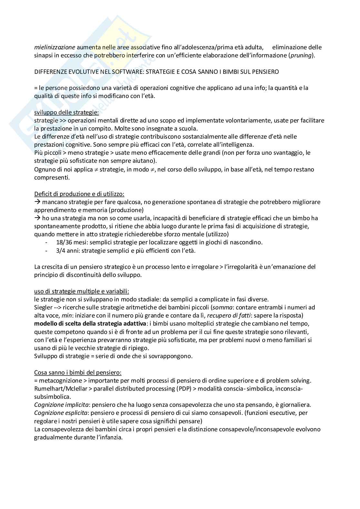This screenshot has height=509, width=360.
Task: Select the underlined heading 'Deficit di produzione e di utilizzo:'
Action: tap(79, 194)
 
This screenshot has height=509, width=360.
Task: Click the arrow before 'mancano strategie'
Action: tap(37, 202)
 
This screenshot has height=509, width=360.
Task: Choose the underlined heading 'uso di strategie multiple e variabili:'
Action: tap(82, 291)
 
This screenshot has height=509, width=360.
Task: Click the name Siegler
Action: tap(43, 307)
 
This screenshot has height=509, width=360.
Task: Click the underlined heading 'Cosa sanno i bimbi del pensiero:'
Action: tap(78, 373)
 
